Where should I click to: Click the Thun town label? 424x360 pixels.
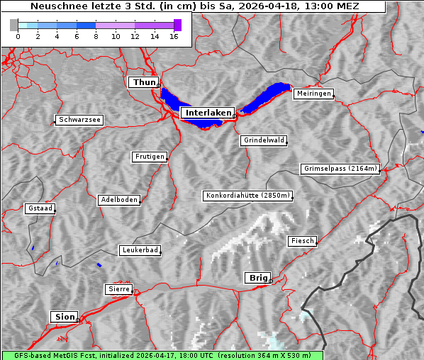[143, 83]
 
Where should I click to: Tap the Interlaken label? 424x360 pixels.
[208, 113]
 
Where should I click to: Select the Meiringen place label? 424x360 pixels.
[313, 94]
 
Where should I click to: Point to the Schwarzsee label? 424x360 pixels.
[79, 120]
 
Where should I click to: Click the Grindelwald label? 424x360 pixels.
[264, 140]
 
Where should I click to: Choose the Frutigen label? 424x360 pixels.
[149, 157]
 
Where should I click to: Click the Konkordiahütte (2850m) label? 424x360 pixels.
[247, 196]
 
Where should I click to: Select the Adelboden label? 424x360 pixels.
[118, 200]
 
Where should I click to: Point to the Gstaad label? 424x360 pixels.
[40, 208]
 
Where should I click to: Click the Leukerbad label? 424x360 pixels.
[139, 250]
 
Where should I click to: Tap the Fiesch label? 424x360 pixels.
[301, 241]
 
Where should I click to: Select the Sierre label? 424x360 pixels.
[118, 289]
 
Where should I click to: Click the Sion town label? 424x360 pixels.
[64, 316]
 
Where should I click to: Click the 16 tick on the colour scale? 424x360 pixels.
[174, 36]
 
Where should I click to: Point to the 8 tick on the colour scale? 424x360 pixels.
[95, 36]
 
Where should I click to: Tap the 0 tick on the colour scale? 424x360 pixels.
[17, 36]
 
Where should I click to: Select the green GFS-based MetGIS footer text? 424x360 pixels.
[162, 355]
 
